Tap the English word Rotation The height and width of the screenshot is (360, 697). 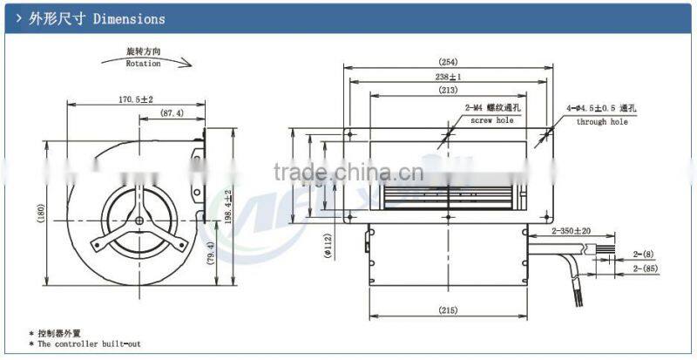143,64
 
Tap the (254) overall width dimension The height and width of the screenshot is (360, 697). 449,62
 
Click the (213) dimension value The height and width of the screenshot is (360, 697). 449,90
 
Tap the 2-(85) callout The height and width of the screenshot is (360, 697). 646,269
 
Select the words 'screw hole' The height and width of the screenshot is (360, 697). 493,120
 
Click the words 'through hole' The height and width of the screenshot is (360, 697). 601,122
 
